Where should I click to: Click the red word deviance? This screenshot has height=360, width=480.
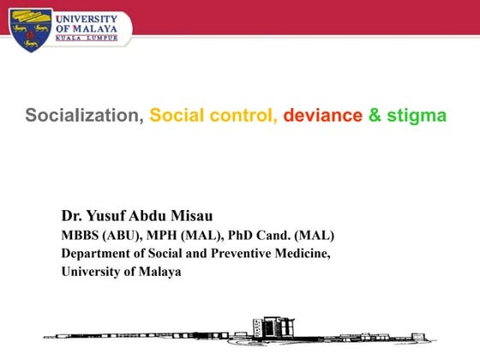pos(322,116)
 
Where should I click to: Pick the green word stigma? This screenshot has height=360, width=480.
pos(417,116)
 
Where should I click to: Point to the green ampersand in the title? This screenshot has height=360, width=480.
pos(375,116)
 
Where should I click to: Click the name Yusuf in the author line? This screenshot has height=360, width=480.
pos(106,214)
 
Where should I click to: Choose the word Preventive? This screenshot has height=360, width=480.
pos(238,254)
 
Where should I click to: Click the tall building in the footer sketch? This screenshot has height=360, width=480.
pos(263,328)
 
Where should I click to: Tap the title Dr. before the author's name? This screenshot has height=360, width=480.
pos(72,214)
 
